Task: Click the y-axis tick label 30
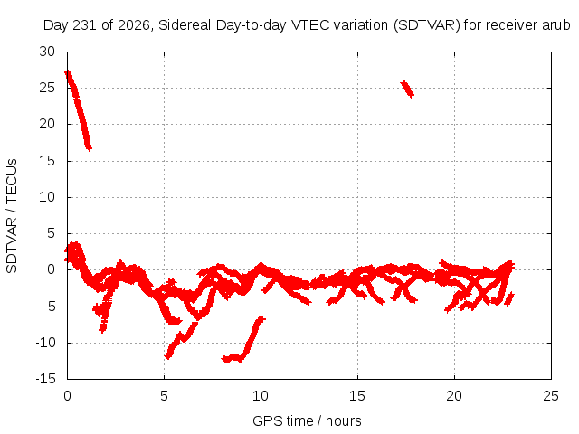point(47,52)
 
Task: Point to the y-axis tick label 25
point(47,88)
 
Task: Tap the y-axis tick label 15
point(47,161)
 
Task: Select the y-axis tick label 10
point(47,197)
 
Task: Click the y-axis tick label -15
point(45,379)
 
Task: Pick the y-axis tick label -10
point(45,343)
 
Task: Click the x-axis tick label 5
point(164,396)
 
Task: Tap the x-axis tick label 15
point(357,396)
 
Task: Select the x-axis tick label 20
point(454,396)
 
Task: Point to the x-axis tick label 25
point(551,396)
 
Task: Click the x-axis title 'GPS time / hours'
point(307,420)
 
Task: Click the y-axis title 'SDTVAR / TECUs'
point(12,216)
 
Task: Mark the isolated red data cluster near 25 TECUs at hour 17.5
point(407,89)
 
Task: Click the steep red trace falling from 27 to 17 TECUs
point(78,109)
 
